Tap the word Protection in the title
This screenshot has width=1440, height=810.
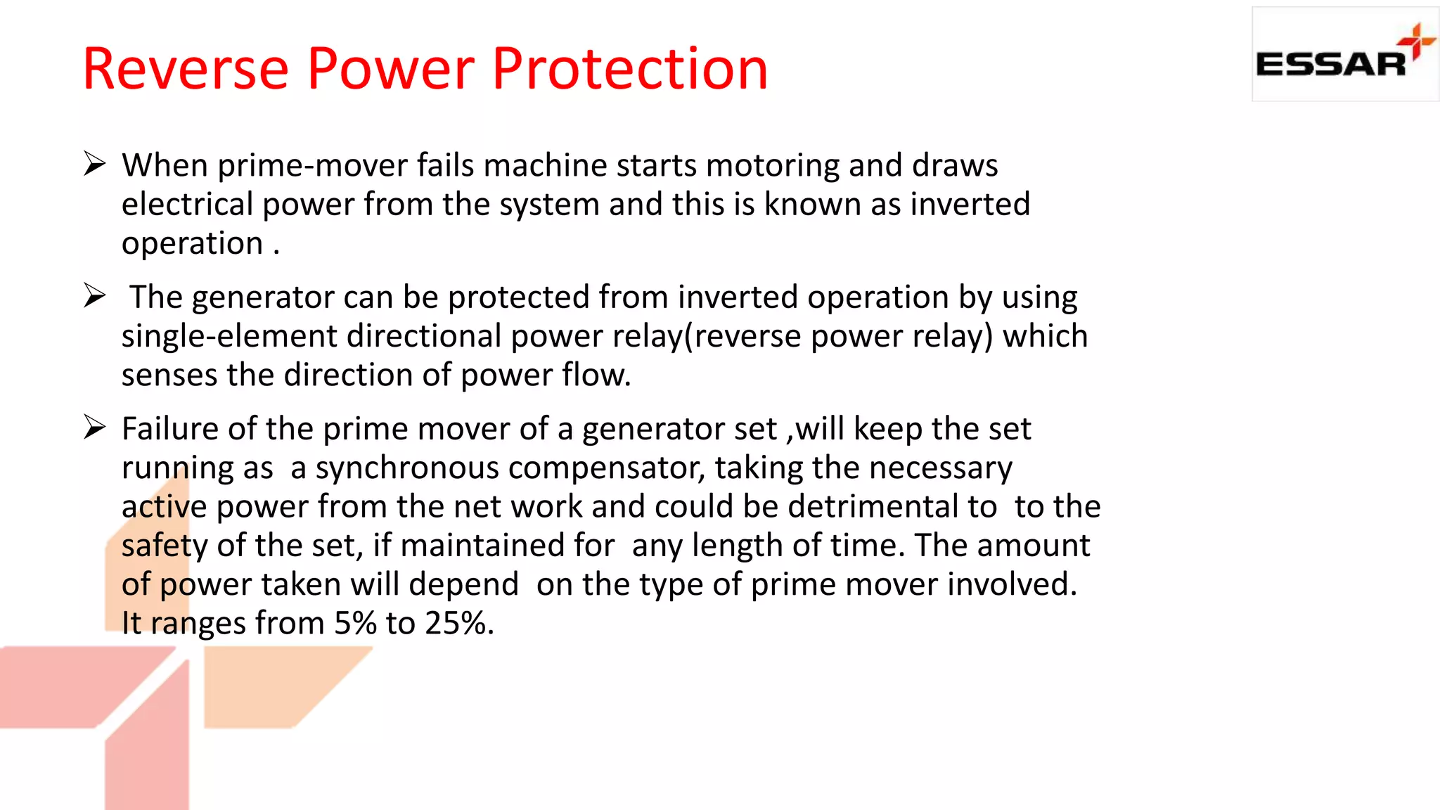(x=629, y=69)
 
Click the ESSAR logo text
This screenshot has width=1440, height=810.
(x=1330, y=65)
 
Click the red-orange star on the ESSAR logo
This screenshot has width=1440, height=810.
(x=1416, y=41)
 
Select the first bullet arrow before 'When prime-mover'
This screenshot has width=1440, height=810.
(x=94, y=164)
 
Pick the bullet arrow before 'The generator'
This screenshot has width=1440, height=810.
(x=94, y=295)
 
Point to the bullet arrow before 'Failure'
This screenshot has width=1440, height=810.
(x=94, y=427)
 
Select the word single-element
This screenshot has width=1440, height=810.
(x=229, y=336)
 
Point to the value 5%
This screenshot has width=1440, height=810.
(x=355, y=623)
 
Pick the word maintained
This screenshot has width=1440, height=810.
(x=507, y=546)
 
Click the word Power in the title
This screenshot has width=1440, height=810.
(x=391, y=69)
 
